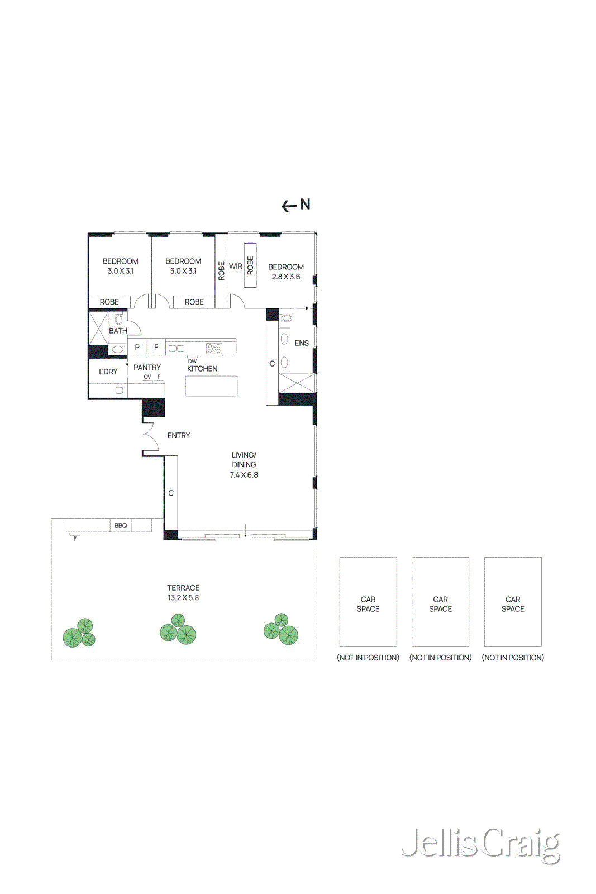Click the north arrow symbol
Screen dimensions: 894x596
click(295, 205)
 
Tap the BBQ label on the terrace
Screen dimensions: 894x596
click(121, 526)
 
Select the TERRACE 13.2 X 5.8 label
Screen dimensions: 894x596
click(183, 593)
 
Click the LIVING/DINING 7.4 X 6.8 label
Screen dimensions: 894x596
click(244, 465)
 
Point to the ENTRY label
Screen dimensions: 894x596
click(179, 435)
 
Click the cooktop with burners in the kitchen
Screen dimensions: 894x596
click(214, 349)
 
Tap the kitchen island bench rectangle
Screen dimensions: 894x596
click(211, 386)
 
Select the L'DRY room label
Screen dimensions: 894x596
click(108, 372)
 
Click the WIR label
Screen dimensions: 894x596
click(236, 267)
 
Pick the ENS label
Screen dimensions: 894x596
click(302, 343)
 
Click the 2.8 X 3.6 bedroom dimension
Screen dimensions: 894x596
click(286, 277)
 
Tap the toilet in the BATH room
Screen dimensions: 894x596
click(118, 320)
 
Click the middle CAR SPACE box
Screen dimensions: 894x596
click(440, 602)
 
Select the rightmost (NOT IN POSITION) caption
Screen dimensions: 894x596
click(513, 658)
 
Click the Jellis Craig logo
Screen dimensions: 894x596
click(480, 844)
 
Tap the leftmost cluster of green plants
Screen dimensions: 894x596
click(79, 634)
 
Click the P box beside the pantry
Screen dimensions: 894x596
click(137, 347)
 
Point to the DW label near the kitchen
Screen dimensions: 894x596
click(192, 361)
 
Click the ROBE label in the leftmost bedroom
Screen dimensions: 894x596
click(109, 302)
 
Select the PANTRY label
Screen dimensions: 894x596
click(147, 367)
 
